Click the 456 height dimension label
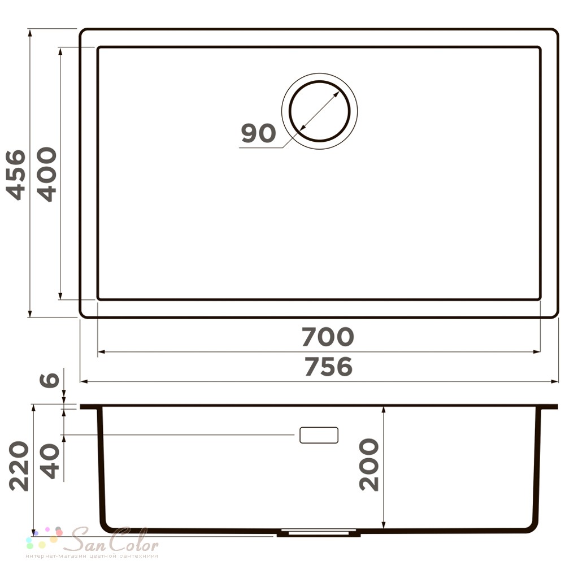tap(16, 175)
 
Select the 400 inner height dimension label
tap(47, 174)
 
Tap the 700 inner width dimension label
tap(328, 337)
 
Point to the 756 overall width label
tap(328, 367)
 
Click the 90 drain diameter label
tap(258, 133)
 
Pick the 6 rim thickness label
tap(49, 380)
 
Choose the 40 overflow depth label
tap(49, 461)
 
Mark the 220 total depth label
tap(19, 466)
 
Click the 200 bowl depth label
tap(369, 464)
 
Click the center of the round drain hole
tap(320, 111)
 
